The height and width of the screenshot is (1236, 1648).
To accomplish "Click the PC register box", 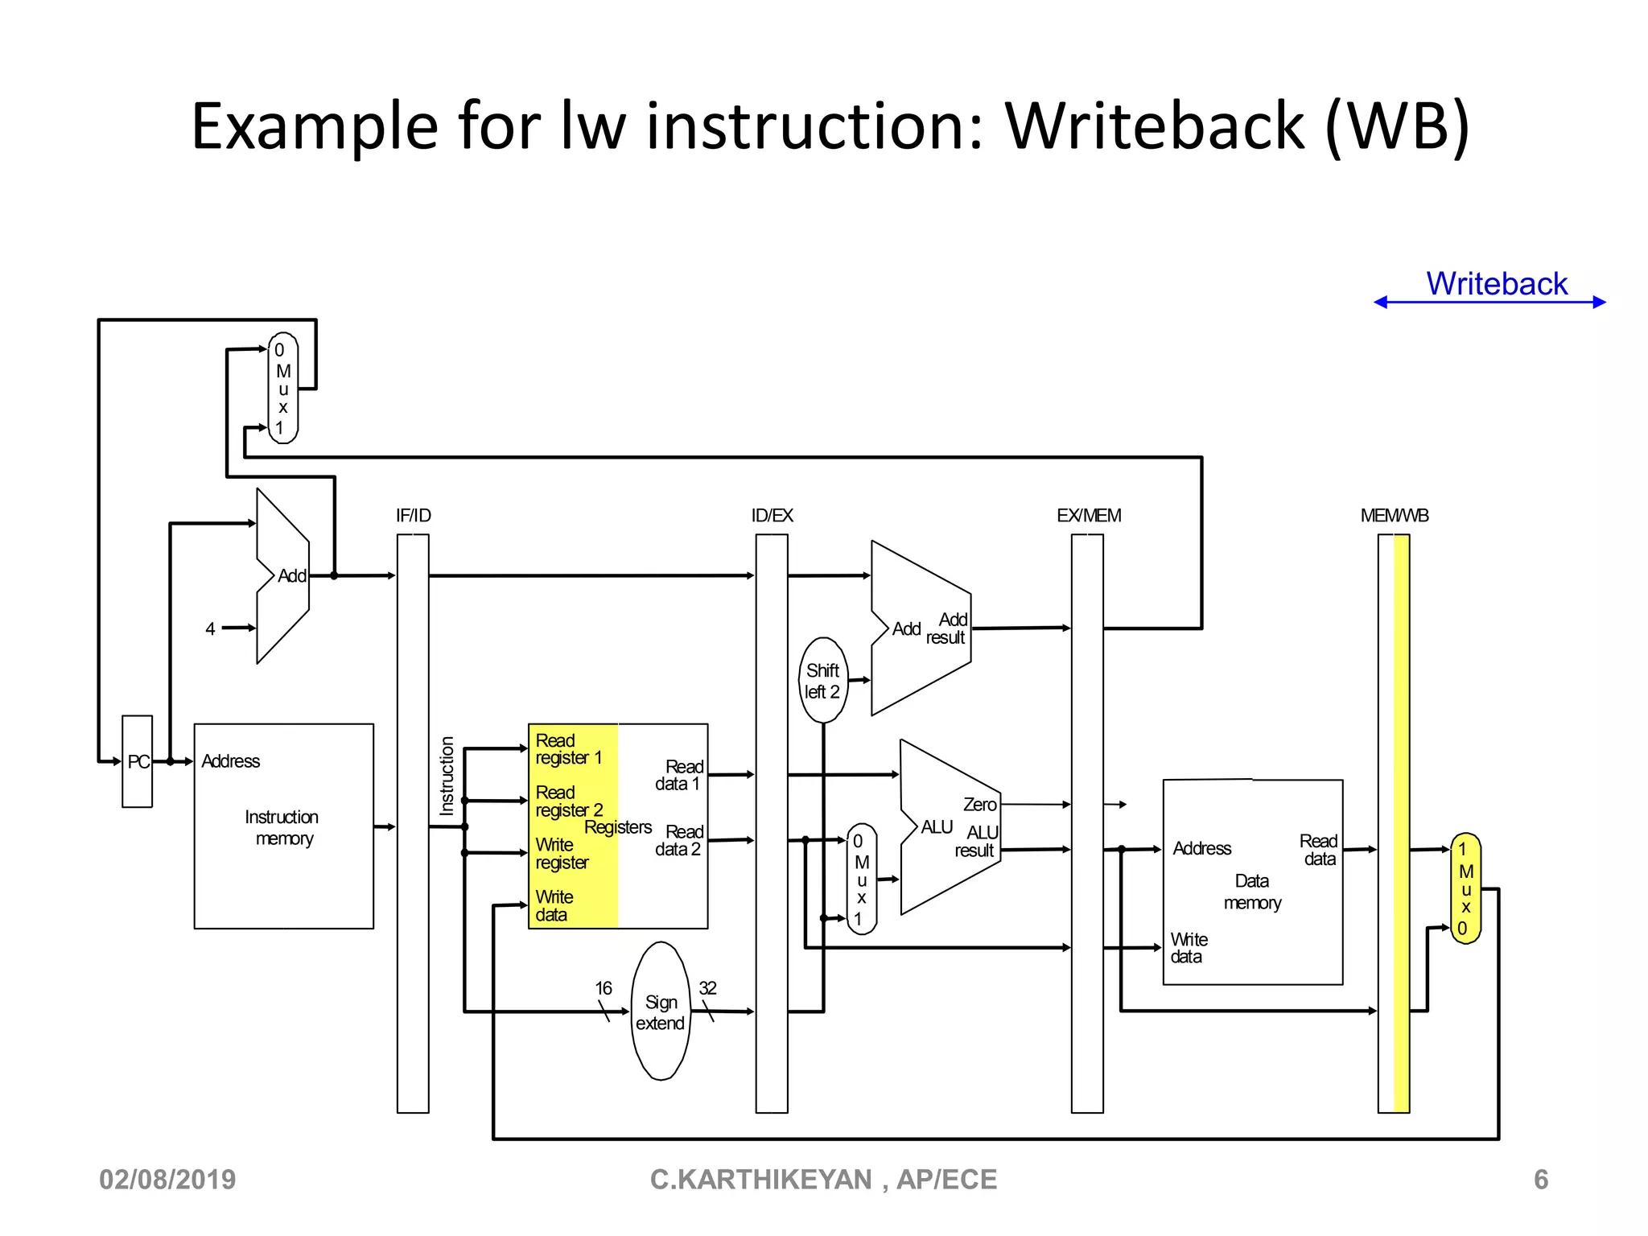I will [x=138, y=761].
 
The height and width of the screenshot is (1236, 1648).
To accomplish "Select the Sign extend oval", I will [x=661, y=1011].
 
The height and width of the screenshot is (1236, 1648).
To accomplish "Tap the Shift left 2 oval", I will [x=822, y=681].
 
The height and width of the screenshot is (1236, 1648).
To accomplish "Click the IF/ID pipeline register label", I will [x=413, y=516].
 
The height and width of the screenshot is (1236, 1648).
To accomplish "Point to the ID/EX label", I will [x=772, y=516].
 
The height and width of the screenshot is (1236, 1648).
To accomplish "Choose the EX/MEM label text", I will [x=1088, y=516].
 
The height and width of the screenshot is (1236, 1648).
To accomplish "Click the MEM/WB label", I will [x=1394, y=516].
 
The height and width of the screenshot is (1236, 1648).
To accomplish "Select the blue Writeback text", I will [x=1496, y=283].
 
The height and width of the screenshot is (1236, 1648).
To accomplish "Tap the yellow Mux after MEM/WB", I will [x=1465, y=888].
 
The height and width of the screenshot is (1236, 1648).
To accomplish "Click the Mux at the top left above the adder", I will [x=282, y=389].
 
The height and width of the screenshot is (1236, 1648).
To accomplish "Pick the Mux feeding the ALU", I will [x=861, y=879].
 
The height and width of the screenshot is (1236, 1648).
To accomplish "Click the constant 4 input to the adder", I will [x=210, y=628].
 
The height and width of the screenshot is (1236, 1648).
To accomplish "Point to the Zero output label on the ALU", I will [x=979, y=805].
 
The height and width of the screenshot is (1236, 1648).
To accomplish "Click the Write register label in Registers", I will [x=562, y=854].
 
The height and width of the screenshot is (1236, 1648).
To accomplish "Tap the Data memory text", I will [x=1252, y=892].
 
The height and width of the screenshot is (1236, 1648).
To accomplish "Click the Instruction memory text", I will [x=282, y=827].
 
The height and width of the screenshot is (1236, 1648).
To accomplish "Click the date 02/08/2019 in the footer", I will [x=167, y=1180].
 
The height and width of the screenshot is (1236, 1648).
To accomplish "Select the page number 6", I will [x=1540, y=1180].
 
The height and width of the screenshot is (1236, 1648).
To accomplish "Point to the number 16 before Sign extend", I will [x=603, y=987].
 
